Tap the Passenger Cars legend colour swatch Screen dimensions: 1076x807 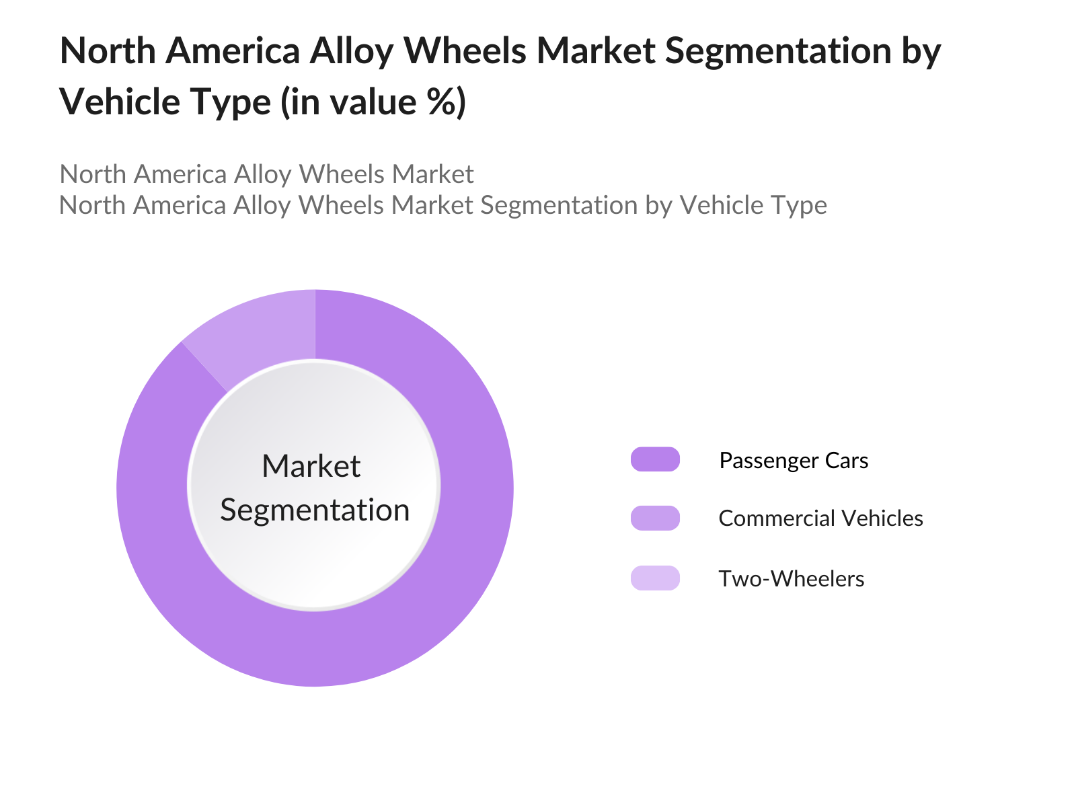(x=655, y=459)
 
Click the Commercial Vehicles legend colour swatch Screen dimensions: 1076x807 (x=655, y=518)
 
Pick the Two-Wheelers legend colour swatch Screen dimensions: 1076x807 (x=655, y=578)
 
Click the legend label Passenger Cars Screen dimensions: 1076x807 (x=794, y=461)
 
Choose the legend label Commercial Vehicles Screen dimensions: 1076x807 (x=820, y=518)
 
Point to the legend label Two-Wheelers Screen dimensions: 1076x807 (x=791, y=578)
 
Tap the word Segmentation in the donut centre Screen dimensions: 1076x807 (x=315, y=510)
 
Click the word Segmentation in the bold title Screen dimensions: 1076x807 (x=779, y=51)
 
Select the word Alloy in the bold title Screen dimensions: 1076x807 (x=352, y=52)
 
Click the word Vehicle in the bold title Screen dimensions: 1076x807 (x=120, y=102)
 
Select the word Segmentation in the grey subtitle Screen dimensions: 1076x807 (x=559, y=205)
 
